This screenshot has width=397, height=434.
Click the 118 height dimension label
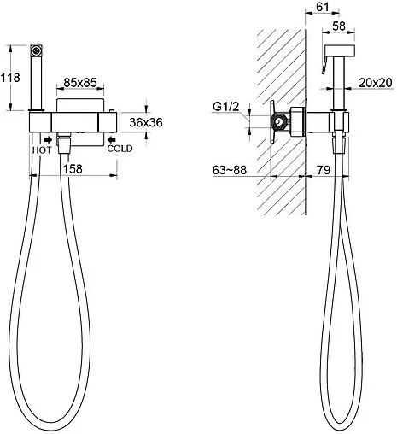point(10,78)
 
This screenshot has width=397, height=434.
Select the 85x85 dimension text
point(80,83)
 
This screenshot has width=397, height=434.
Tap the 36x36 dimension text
point(146,122)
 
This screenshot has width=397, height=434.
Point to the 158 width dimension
point(73,169)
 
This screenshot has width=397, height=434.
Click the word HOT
point(42,150)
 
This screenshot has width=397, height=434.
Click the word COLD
point(120,149)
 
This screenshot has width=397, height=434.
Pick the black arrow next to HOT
point(48,139)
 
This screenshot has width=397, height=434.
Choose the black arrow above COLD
point(112,139)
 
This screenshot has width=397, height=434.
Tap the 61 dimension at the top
point(323,7)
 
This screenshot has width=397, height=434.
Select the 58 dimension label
point(339,26)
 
